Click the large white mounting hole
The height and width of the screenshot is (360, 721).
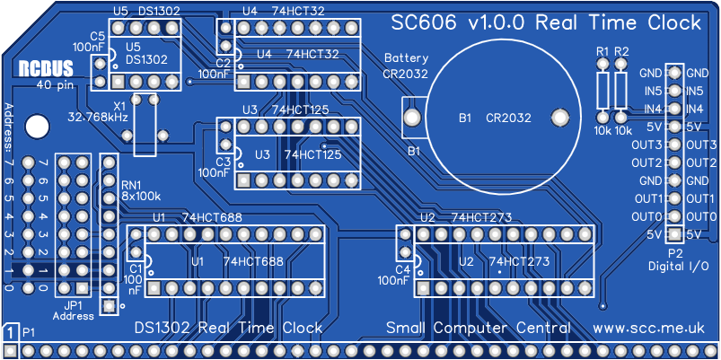coord(37,126)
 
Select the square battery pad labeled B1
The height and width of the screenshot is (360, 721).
coord(413,118)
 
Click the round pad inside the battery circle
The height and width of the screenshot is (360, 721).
coord(560,118)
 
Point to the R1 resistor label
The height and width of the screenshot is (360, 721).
coord(602,51)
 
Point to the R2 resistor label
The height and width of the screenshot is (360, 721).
coord(622,51)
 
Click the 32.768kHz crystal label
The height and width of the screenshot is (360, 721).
coord(98,117)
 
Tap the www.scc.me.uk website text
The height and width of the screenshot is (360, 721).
coord(653,329)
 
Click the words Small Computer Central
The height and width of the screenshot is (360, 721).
coord(478,329)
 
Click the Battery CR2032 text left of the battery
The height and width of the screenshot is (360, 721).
coord(406,66)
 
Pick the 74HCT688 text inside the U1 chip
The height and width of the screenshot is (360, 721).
coord(253,261)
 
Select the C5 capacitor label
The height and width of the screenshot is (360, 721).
coord(97,35)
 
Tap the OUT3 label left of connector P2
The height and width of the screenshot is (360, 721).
coord(646,145)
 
